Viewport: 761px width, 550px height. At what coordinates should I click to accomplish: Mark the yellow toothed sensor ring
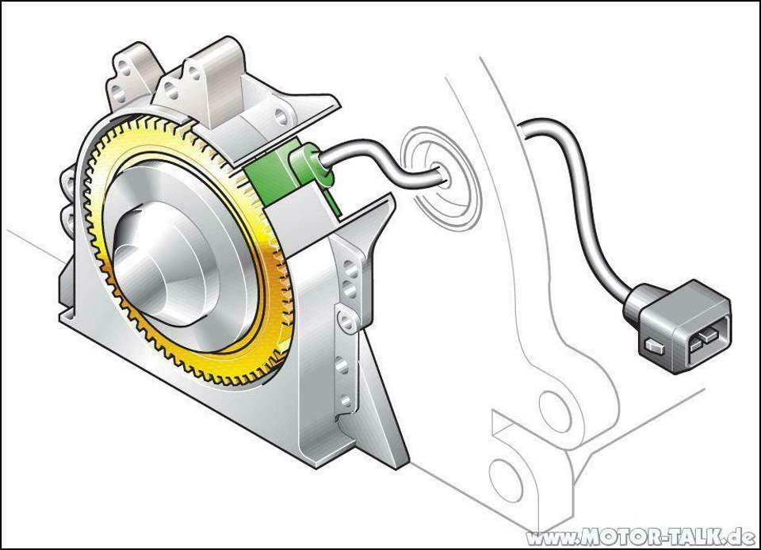click(270, 317)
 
